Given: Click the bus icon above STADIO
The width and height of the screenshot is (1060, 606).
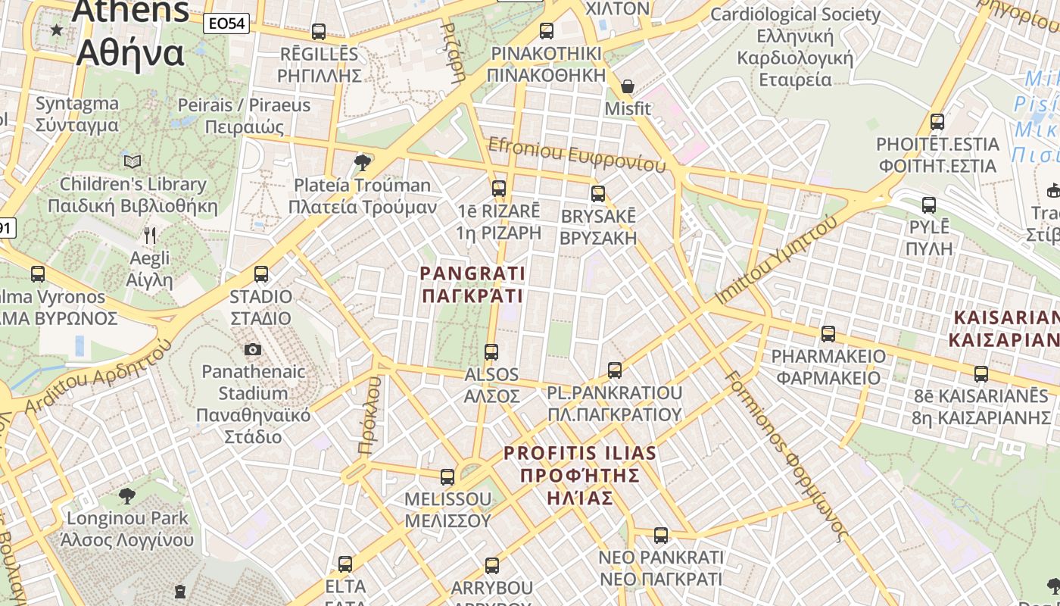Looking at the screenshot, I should (x=261, y=273).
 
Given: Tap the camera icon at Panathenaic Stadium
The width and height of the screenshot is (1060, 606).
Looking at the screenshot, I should (x=253, y=349).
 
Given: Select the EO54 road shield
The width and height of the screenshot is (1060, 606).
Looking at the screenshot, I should (x=227, y=23).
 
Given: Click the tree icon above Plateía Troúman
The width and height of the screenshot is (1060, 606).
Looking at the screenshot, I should (x=363, y=161).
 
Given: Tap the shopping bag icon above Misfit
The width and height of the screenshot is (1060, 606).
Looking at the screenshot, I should (x=627, y=86).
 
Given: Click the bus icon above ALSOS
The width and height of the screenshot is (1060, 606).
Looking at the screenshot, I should (x=491, y=351).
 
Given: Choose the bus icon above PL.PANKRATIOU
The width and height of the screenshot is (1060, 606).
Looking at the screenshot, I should (x=615, y=370).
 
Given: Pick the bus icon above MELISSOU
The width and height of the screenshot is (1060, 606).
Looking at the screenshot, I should (x=447, y=476).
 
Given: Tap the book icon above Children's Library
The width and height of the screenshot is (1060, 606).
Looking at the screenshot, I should (x=132, y=161).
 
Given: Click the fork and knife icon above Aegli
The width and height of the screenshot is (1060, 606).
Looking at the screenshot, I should (x=150, y=236).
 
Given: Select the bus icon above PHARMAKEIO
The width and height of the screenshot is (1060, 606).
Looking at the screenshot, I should (x=828, y=333).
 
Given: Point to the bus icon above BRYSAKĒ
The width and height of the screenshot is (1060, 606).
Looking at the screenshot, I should (x=598, y=193).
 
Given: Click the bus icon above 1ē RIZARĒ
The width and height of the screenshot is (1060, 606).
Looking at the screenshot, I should (x=499, y=188).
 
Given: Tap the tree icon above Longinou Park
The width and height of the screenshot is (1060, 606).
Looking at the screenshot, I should (x=127, y=496).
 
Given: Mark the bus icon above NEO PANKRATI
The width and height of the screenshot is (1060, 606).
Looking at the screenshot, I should (x=661, y=536).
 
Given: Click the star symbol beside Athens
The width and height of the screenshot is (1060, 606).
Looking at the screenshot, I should (x=57, y=30).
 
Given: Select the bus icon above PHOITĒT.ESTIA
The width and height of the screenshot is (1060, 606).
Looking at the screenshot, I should (x=937, y=121).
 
